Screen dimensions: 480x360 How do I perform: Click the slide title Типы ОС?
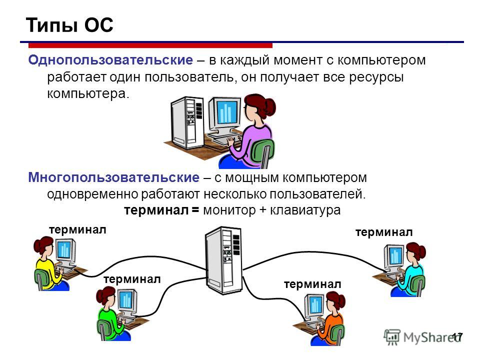69,25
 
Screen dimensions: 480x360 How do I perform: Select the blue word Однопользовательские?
110,60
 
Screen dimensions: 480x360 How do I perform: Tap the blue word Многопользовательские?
113,177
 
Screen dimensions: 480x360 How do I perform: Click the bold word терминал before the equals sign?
156,210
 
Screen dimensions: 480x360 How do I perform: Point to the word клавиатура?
305,210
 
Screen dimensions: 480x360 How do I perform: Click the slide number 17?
457,337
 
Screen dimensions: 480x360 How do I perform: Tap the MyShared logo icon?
392,337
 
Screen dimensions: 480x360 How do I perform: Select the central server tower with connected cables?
224,260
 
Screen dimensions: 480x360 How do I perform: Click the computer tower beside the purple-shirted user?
187,122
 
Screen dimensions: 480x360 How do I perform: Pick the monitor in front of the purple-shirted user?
224,115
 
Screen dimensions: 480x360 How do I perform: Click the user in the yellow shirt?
48,263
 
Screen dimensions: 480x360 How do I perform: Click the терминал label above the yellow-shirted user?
77,229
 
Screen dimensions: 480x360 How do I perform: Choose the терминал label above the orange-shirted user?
312,284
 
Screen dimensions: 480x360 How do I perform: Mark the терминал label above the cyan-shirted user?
384,232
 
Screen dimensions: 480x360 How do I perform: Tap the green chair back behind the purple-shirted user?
262,152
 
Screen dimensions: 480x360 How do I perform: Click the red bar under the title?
150,45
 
